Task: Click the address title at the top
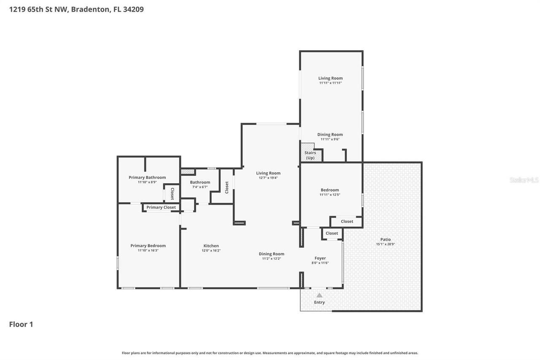click(x=76, y=9)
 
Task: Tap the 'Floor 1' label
click(x=21, y=324)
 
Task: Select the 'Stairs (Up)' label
click(x=310, y=155)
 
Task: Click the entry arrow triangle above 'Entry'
click(x=319, y=295)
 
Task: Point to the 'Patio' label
click(x=385, y=239)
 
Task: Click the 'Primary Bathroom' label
click(x=147, y=177)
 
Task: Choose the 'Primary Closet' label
click(x=161, y=207)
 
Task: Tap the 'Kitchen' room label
click(x=211, y=246)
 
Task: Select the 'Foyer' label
click(x=320, y=258)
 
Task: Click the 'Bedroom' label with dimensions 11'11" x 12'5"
click(x=329, y=190)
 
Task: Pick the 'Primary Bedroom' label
click(x=148, y=246)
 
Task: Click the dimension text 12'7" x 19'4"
click(x=268, y=178)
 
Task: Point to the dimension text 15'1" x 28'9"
click(x=385, y=244)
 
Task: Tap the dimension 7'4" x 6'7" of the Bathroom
click(x=200, y=187)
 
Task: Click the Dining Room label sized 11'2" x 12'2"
click(x=271, y=254)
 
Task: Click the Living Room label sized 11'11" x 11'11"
click(x=330, y=78)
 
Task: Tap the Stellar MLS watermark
click(x=524, y=180)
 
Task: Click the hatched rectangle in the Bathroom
click(x=187, y=172)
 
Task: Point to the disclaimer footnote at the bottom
click(x=270, y=353)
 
